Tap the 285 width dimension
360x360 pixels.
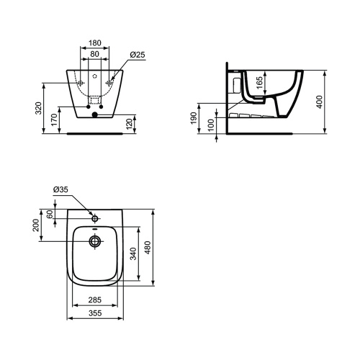pyautogui.click(x=95, y=300)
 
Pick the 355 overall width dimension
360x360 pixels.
pyautogui.click(x=95, y=313)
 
